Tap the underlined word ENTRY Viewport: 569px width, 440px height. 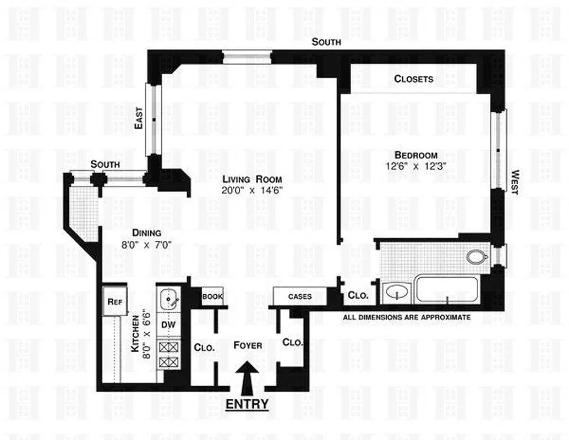[x=248, y=404]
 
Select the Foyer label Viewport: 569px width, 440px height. [x=248, y=345]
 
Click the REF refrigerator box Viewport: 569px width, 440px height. [x=114, y=302]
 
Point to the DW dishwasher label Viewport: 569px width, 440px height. [x=168, y=324]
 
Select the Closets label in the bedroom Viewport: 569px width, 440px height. [x=413, y=79]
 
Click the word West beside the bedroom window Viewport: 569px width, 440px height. [x=514, y=182]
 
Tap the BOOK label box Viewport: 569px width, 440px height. [x=212, y=296]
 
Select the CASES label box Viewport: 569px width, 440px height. [x=300, y=296]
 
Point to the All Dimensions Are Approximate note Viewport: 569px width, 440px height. [x=407, y=317]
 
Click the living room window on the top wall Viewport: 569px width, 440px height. [x=247, y=56]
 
